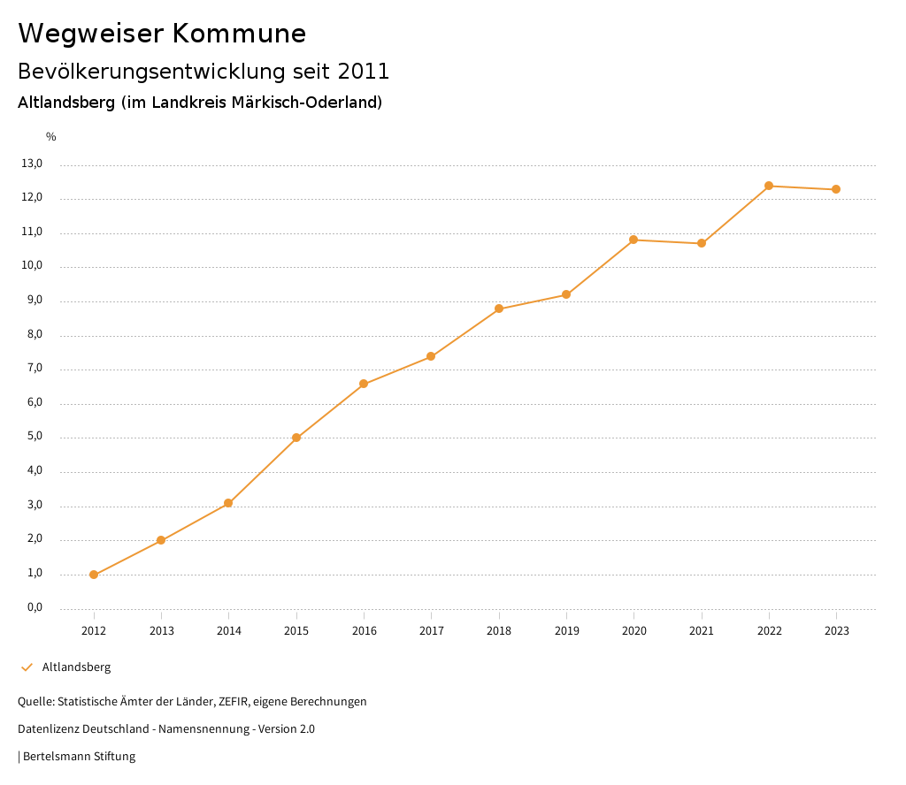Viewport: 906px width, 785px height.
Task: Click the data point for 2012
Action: point(94,575)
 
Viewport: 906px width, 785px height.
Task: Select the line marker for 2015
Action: point(296,438)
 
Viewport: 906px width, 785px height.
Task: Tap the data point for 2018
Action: point(499,309)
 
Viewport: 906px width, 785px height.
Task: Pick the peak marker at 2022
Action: point(769,186)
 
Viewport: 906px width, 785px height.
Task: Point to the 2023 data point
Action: point(836,189)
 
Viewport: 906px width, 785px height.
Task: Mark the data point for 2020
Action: point(633,240)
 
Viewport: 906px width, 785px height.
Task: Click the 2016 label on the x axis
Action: point(364,631)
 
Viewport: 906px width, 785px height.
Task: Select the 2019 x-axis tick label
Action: point(566,631)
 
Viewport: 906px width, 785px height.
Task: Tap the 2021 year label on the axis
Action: point(702,631)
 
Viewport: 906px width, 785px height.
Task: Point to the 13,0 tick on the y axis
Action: point(32,164)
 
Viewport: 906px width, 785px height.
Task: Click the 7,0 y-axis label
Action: point(35,369)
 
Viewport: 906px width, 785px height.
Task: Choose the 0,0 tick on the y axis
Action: point(35,608)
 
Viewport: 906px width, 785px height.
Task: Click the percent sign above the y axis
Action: point(51,137)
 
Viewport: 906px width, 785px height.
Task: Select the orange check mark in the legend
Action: point(27,667)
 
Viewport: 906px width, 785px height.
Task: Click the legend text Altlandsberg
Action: point(77,667)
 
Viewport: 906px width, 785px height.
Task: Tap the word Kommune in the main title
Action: point(239,34)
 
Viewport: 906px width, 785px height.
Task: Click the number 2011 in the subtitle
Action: point(364,71)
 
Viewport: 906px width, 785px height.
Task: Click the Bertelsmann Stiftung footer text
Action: point(79,757)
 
